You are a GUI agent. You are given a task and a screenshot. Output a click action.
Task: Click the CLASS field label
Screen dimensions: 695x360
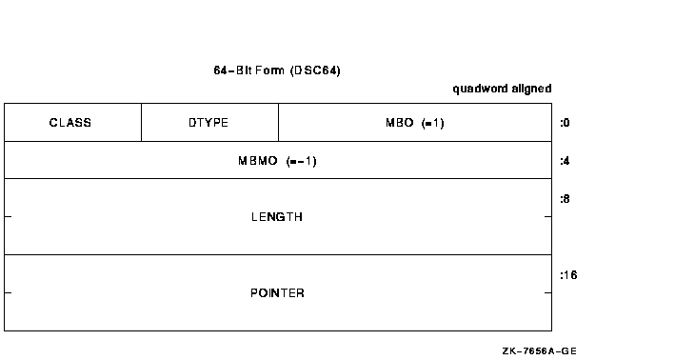tap(70, 123)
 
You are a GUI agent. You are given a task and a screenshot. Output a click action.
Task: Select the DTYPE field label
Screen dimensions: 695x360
tap(208, 123)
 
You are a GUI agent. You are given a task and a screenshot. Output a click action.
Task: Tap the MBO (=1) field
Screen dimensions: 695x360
tap(414, 123)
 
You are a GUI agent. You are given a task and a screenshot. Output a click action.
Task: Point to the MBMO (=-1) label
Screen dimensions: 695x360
tap(277, 161)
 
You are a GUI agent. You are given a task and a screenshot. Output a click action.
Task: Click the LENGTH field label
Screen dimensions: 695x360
tap(277, 217)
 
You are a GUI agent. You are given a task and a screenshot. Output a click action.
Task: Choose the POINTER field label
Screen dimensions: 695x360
tap(277, 293)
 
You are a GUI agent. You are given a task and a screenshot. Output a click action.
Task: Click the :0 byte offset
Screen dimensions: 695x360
tap(565, 123)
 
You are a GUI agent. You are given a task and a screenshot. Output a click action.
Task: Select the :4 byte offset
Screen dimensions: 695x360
tap(565, 161)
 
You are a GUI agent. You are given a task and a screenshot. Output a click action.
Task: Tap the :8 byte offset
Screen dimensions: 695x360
tap(565, 199)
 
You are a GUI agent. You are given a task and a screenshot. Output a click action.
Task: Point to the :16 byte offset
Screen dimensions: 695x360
tap(568, 275)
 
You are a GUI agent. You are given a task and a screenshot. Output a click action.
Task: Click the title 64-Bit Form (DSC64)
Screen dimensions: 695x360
tap(277, 71)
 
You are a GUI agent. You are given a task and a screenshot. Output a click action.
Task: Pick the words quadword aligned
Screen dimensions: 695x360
tap(502, 89)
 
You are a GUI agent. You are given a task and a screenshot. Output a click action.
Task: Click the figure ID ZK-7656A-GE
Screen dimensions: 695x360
tap(539, 350)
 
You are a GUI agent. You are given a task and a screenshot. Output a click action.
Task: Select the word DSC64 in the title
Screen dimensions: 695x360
tap(318, 71)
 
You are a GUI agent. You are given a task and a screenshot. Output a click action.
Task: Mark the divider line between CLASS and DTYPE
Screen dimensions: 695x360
tap(141, 123)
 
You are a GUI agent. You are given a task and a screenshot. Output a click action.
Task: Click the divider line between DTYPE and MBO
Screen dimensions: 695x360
tap(278, 123)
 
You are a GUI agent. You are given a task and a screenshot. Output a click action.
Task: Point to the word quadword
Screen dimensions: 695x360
tap(479, 89)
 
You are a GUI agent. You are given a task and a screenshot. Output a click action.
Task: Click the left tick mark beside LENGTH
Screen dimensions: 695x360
tap(8, 217)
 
